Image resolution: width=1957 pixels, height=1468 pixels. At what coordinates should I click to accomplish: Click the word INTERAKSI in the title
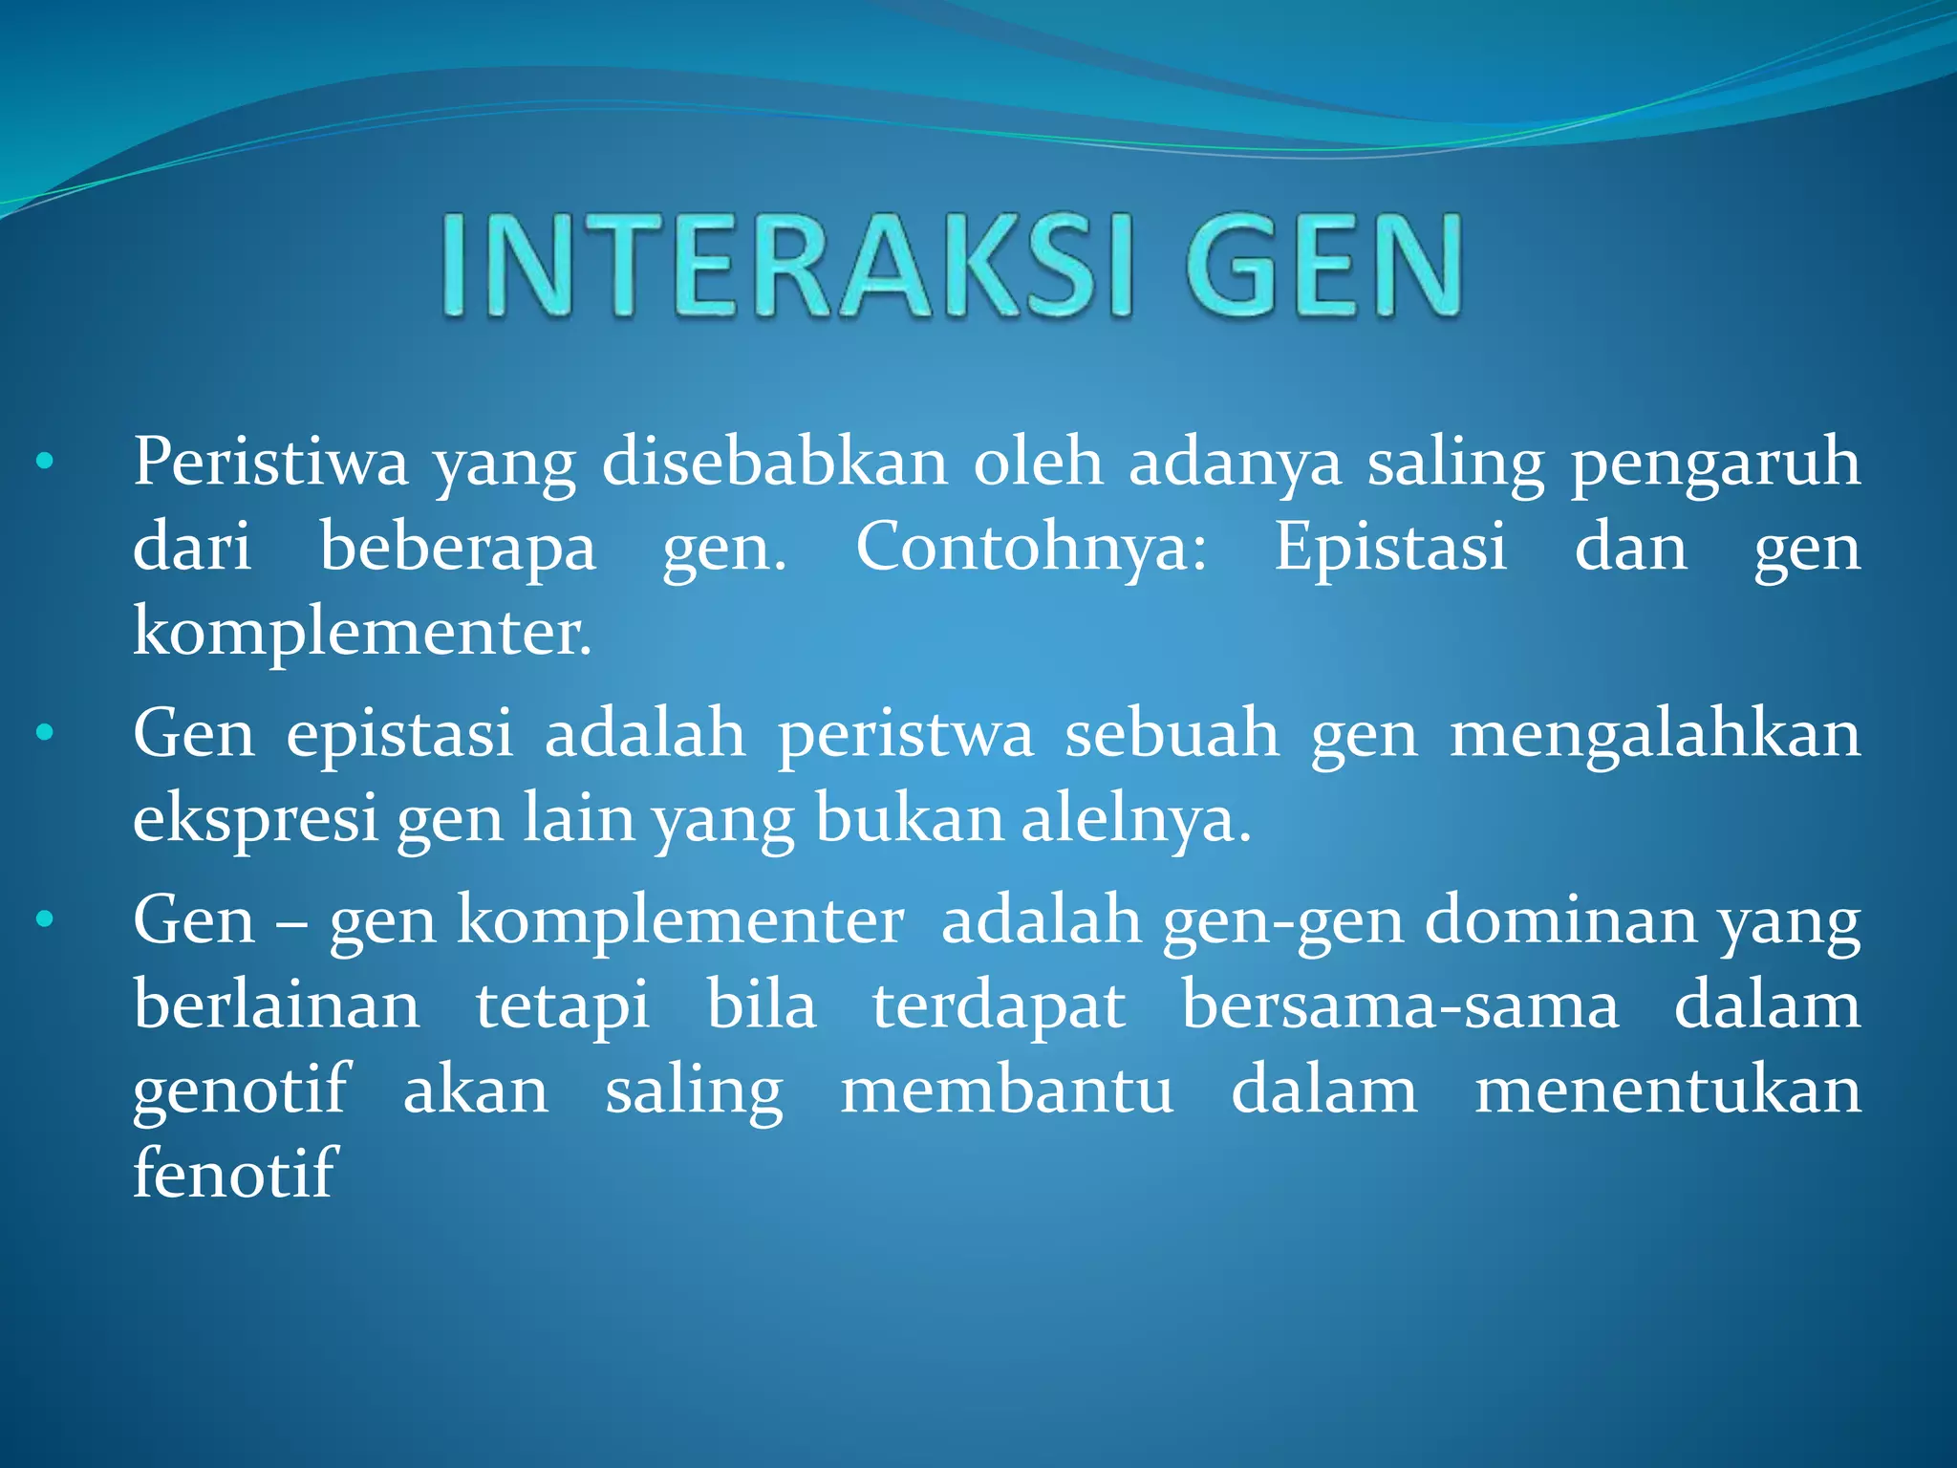pyautogui.click(x=786, y=267)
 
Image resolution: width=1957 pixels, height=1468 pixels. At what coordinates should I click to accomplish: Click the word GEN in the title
pyautogui.click(x=1323, y=267)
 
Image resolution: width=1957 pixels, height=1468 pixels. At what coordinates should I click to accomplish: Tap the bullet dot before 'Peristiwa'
pyautogui.click(x=44, y=464)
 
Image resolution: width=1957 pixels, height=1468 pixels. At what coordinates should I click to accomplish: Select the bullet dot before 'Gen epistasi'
pyautogui.click(x=44, y=734)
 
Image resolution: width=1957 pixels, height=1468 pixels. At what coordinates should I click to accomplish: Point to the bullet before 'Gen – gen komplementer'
pyautogui.click(x=44, y=920)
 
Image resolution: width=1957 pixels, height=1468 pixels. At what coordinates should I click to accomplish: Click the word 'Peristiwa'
pyautogui.click(x=270, y=464)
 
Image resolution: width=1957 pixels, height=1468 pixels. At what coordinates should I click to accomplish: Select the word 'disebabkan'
pyautogui.click(x=775, y=464)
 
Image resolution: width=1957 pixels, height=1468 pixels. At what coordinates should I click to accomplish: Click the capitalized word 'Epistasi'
pyautogui.click(x=1390, y=549)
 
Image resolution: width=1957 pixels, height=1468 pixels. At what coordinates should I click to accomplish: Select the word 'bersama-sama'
pyautogui.click(x=1400, y=1005)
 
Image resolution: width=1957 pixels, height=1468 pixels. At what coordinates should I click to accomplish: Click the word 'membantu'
pyautogui.click(x=1007, y=1090)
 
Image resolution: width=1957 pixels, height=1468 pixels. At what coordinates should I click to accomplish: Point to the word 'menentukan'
pyautogui.click(x=1667, y=1090)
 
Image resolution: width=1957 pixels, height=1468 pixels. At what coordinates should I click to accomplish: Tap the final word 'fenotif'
pyautogui.click(x=235, y=1174)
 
